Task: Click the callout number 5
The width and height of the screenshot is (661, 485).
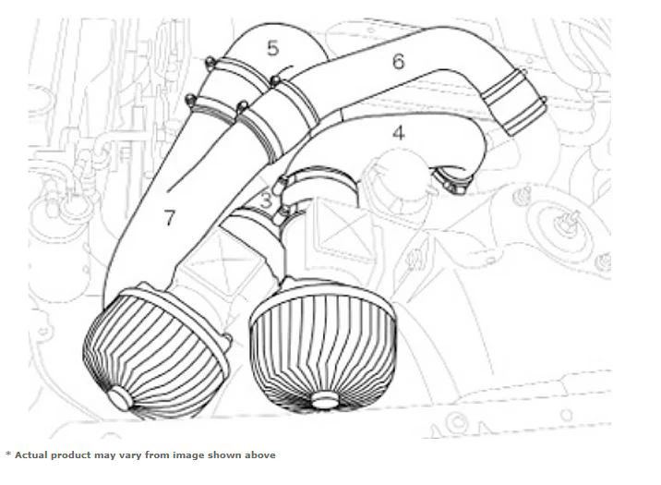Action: [272, 48]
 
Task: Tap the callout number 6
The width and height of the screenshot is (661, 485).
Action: [399, 62]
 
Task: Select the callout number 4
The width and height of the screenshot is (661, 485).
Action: [399, 133]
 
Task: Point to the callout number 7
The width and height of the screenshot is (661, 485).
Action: [169, 218]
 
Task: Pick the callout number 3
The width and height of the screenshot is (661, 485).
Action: [266, 200]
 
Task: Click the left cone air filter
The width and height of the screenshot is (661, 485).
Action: [157, 352]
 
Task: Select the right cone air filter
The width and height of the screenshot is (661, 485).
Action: [323, 345]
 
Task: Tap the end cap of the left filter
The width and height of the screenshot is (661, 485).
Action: [120, 397]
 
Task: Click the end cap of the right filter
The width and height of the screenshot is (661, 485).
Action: [325, 399]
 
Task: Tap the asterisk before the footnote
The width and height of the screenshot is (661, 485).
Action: [8, 454]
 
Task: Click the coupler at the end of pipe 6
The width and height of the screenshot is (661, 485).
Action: [514, 102]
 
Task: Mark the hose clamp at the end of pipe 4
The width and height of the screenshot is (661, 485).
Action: [451, 180]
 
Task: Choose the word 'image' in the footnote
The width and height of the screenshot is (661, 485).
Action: [189, 456]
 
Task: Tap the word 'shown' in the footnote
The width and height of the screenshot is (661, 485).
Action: [224, 455]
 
